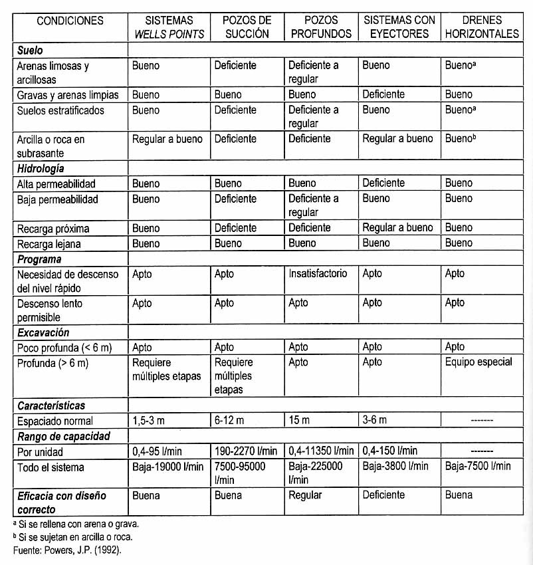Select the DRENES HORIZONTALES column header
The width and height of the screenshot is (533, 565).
[481, 27]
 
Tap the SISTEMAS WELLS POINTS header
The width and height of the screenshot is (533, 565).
[169, 27]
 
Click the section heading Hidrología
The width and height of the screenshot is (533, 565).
[41, 168]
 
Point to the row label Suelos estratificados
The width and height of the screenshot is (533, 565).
[60, 110]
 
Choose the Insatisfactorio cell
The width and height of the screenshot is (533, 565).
[318, 274]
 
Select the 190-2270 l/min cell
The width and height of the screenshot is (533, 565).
[245, 452]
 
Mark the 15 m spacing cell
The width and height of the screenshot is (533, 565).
[299, 420]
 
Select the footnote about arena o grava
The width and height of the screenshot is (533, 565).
[76, 524]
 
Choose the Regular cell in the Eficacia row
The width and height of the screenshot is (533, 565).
[305, 495]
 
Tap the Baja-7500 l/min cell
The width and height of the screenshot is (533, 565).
[478, 467]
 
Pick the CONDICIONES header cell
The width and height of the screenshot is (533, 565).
[70, 21]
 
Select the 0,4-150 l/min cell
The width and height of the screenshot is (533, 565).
[390, 452]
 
